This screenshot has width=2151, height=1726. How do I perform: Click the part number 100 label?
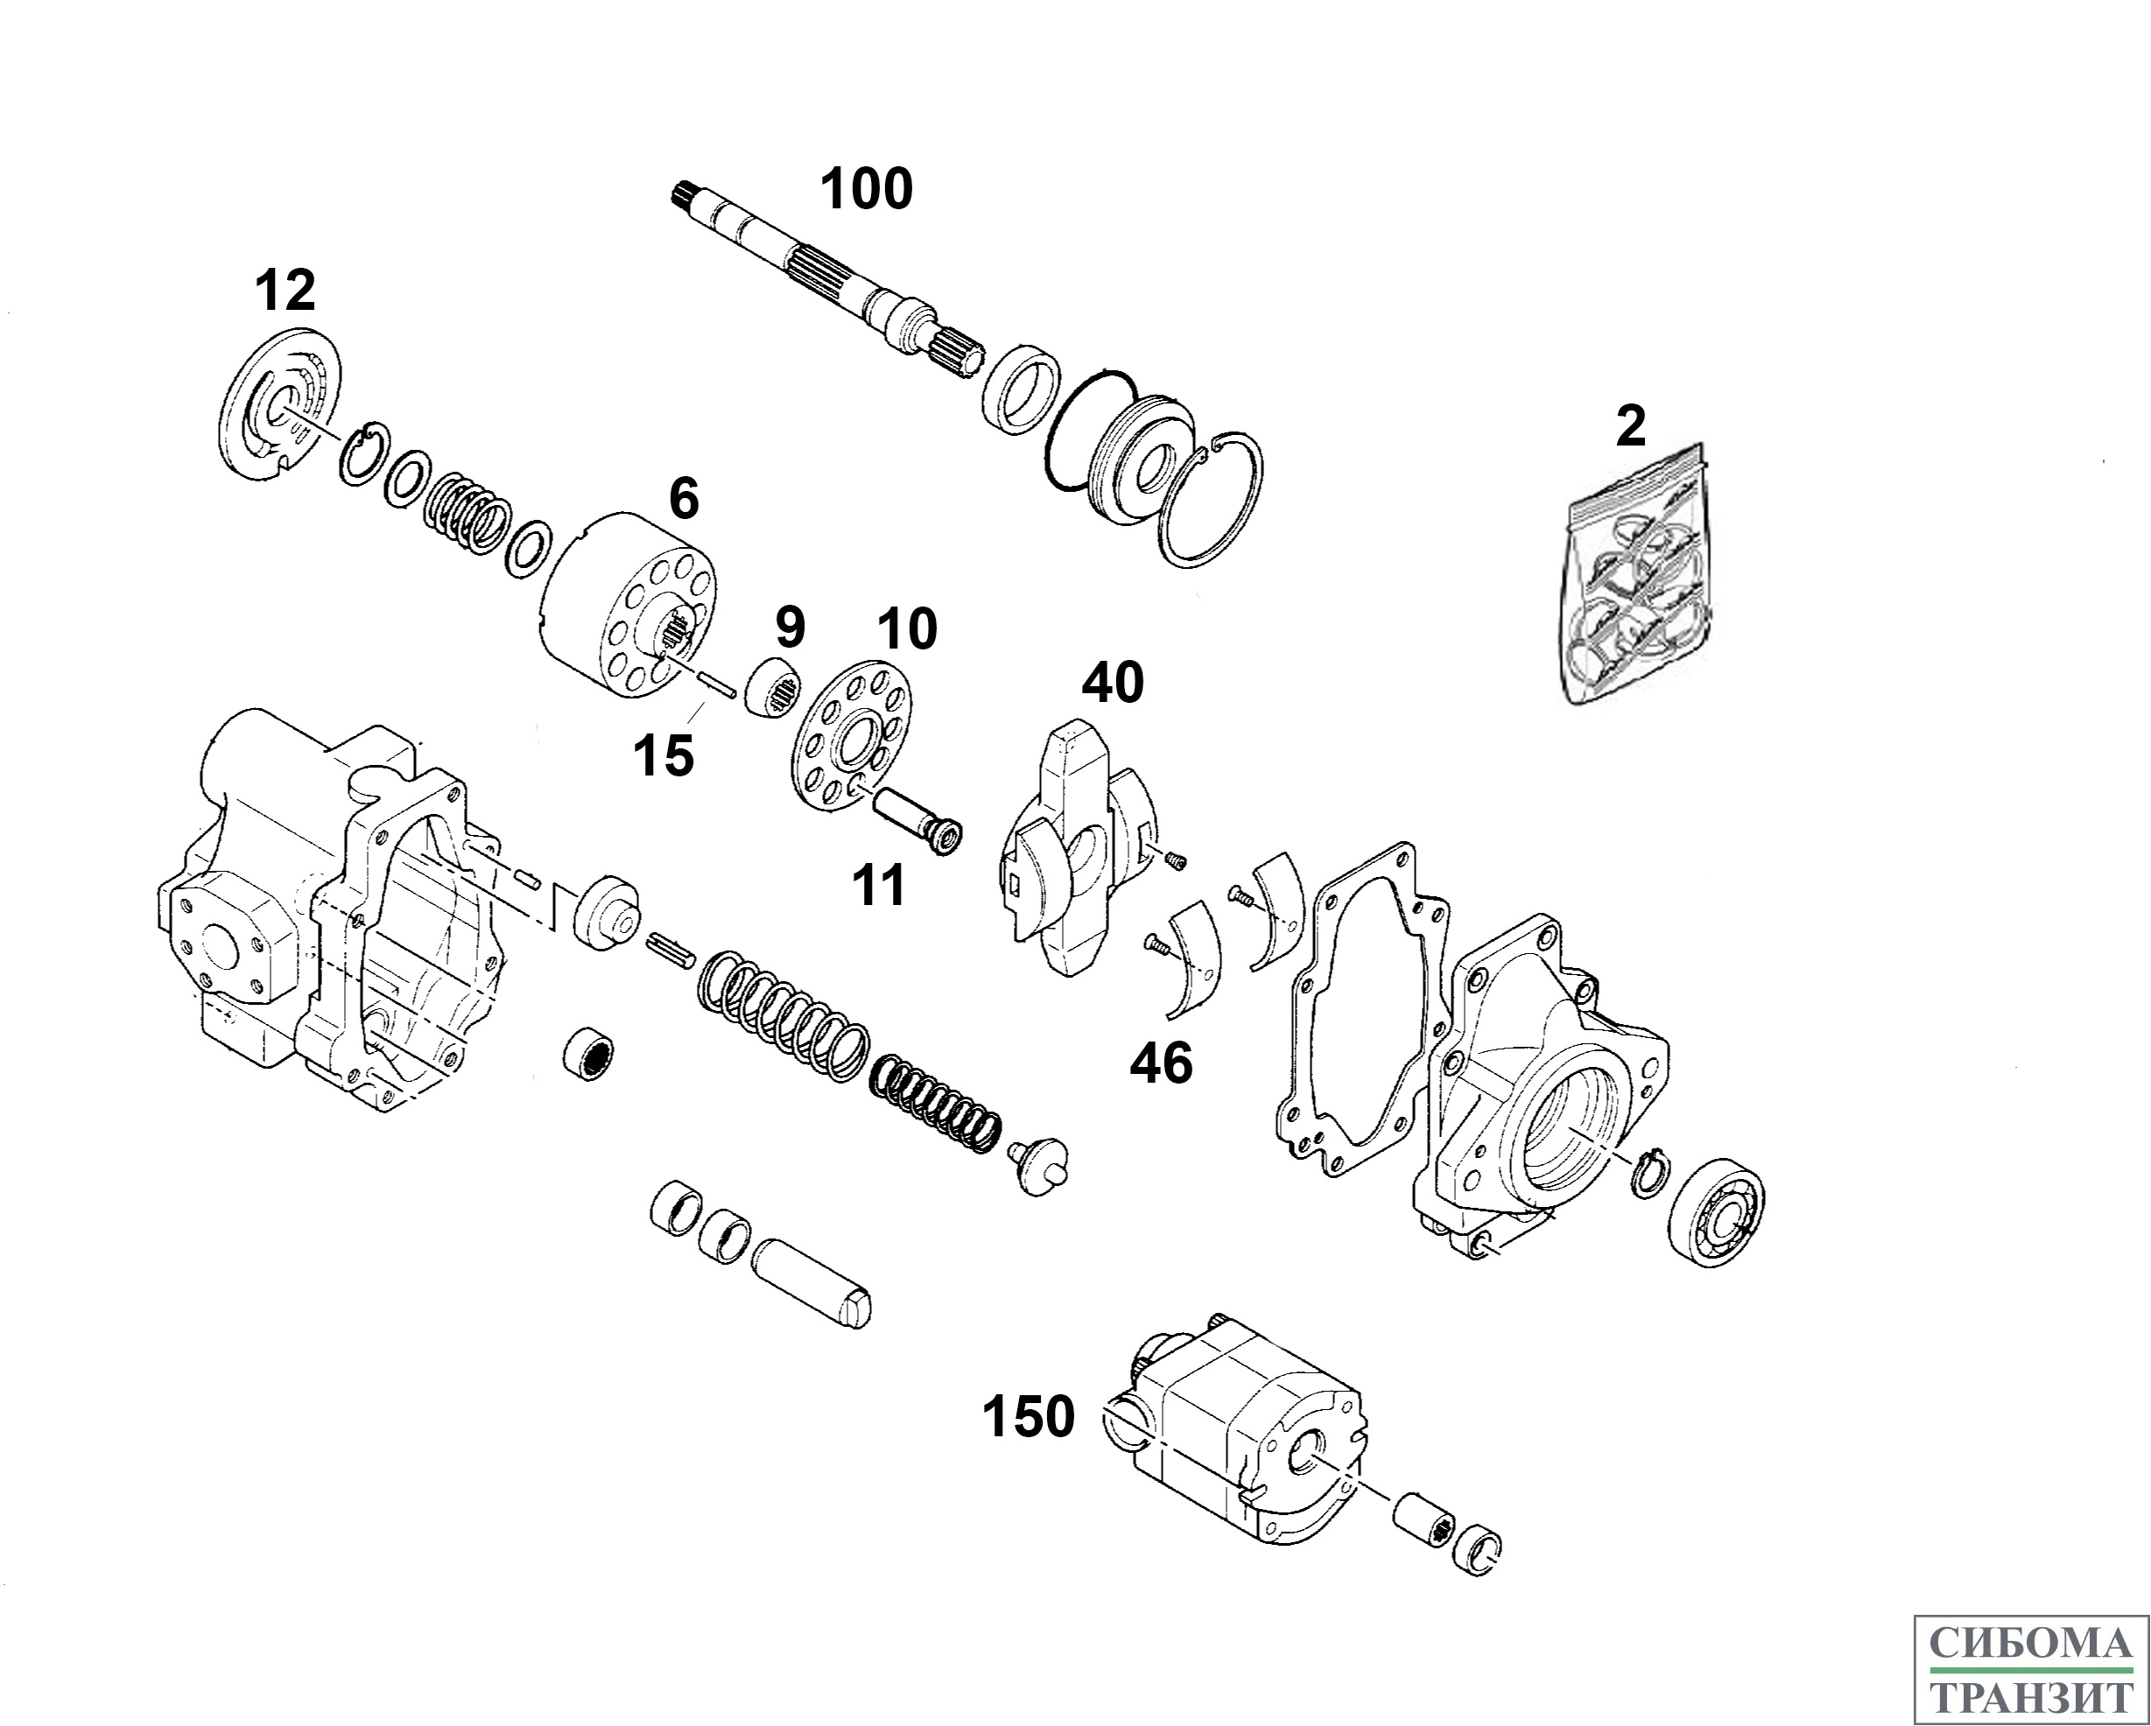[866, 190]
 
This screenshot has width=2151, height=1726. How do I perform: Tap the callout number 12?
[285, 291]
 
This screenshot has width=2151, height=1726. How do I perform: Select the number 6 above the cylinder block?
[684, 499]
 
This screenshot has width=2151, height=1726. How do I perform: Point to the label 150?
[1028, 1417]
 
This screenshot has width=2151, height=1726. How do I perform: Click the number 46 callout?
[1160, 1064]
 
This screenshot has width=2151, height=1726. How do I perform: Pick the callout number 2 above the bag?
[1630, 427]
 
